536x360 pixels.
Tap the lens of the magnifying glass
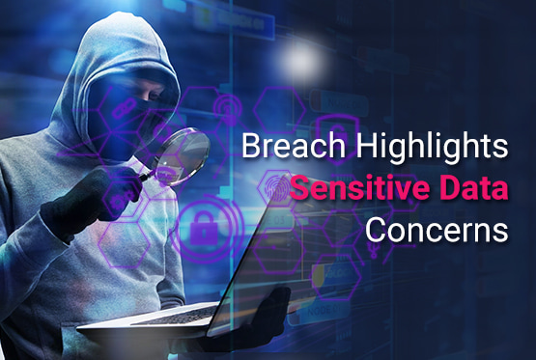[x=186, y=151]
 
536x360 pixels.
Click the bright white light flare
[x=308, y=60]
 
